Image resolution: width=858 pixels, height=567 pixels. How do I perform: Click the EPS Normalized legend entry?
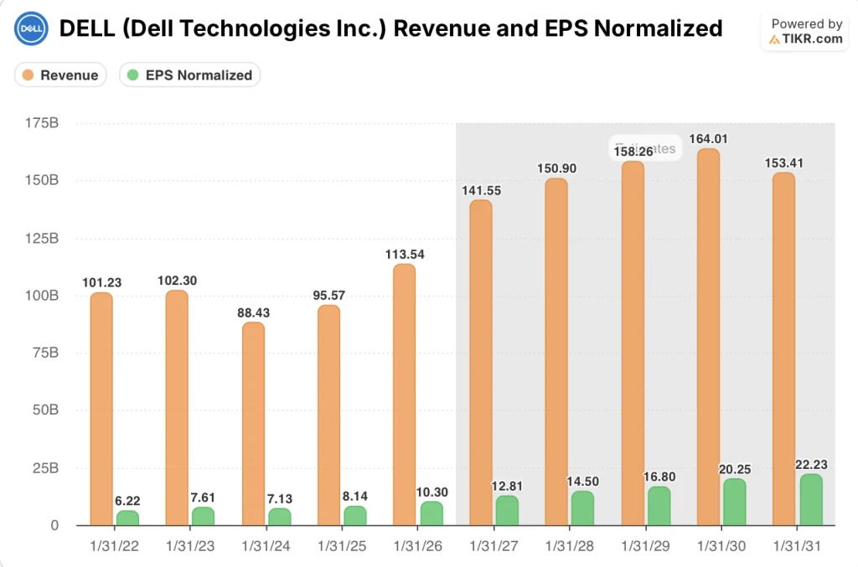point(189,75)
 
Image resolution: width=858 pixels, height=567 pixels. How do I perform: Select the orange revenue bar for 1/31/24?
point(253,424)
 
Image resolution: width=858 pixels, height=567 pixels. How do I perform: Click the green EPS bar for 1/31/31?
point(811,500)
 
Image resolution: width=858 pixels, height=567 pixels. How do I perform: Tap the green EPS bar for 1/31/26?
point(432,513)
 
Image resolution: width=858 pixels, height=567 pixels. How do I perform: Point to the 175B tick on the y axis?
point(42,123)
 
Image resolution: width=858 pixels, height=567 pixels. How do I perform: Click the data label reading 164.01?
point(708,138)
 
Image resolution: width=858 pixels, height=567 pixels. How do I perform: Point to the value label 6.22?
point(127,500)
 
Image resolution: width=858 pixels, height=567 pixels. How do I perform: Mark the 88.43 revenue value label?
point(253,312)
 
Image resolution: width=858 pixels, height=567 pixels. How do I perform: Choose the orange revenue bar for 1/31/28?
point(556,352)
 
